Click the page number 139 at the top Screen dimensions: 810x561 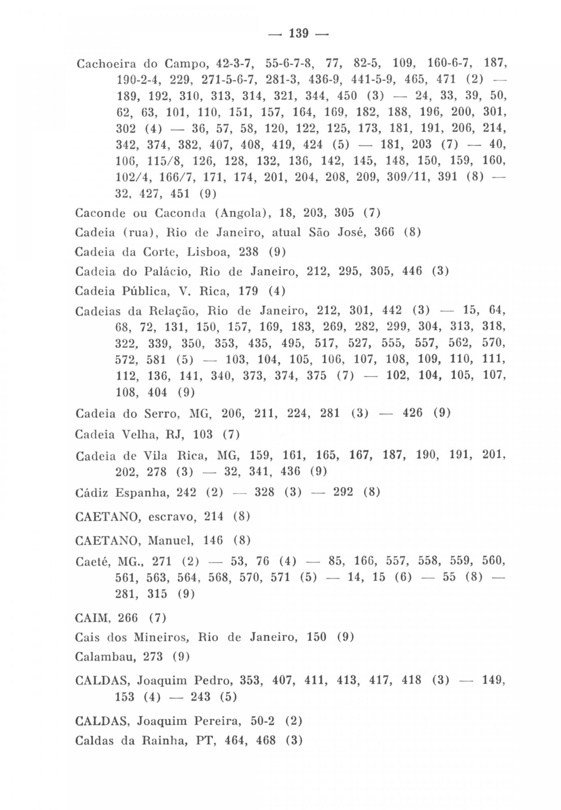point(299,33)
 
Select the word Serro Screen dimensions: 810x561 point(161,414)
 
